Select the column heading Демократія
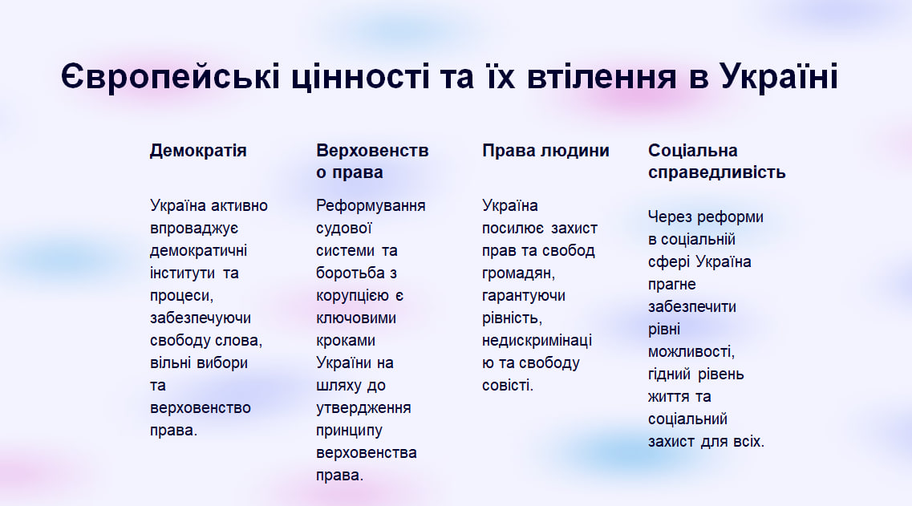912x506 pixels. pyautogui.click(x=198, y=151)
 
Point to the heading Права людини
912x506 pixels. pyautogui.click(x=545, y=151)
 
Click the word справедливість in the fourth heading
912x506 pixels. pyautogui.click(x=716, y=172)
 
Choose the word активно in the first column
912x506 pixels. pyautogui.click(x=239, y=205)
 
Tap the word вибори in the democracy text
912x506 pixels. pyautogui.click(x=222, y=363)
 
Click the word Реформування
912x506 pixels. pyautogui.click(x=371, y=206)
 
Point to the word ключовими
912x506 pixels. pyautogui.click(x=356, y=318)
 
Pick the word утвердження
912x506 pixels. pyautogui.click(x=363, y=408)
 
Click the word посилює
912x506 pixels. pyautogui.click(x=513, y=229)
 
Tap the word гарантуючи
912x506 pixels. pyautogui.click(x=524, y=296)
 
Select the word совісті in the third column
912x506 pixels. pyautogui.click(x=506, y=385)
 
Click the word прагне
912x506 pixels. pyautogui.click(x=672, y=285)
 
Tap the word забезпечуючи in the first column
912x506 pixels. pyautogui.click(x=201, y=318)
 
